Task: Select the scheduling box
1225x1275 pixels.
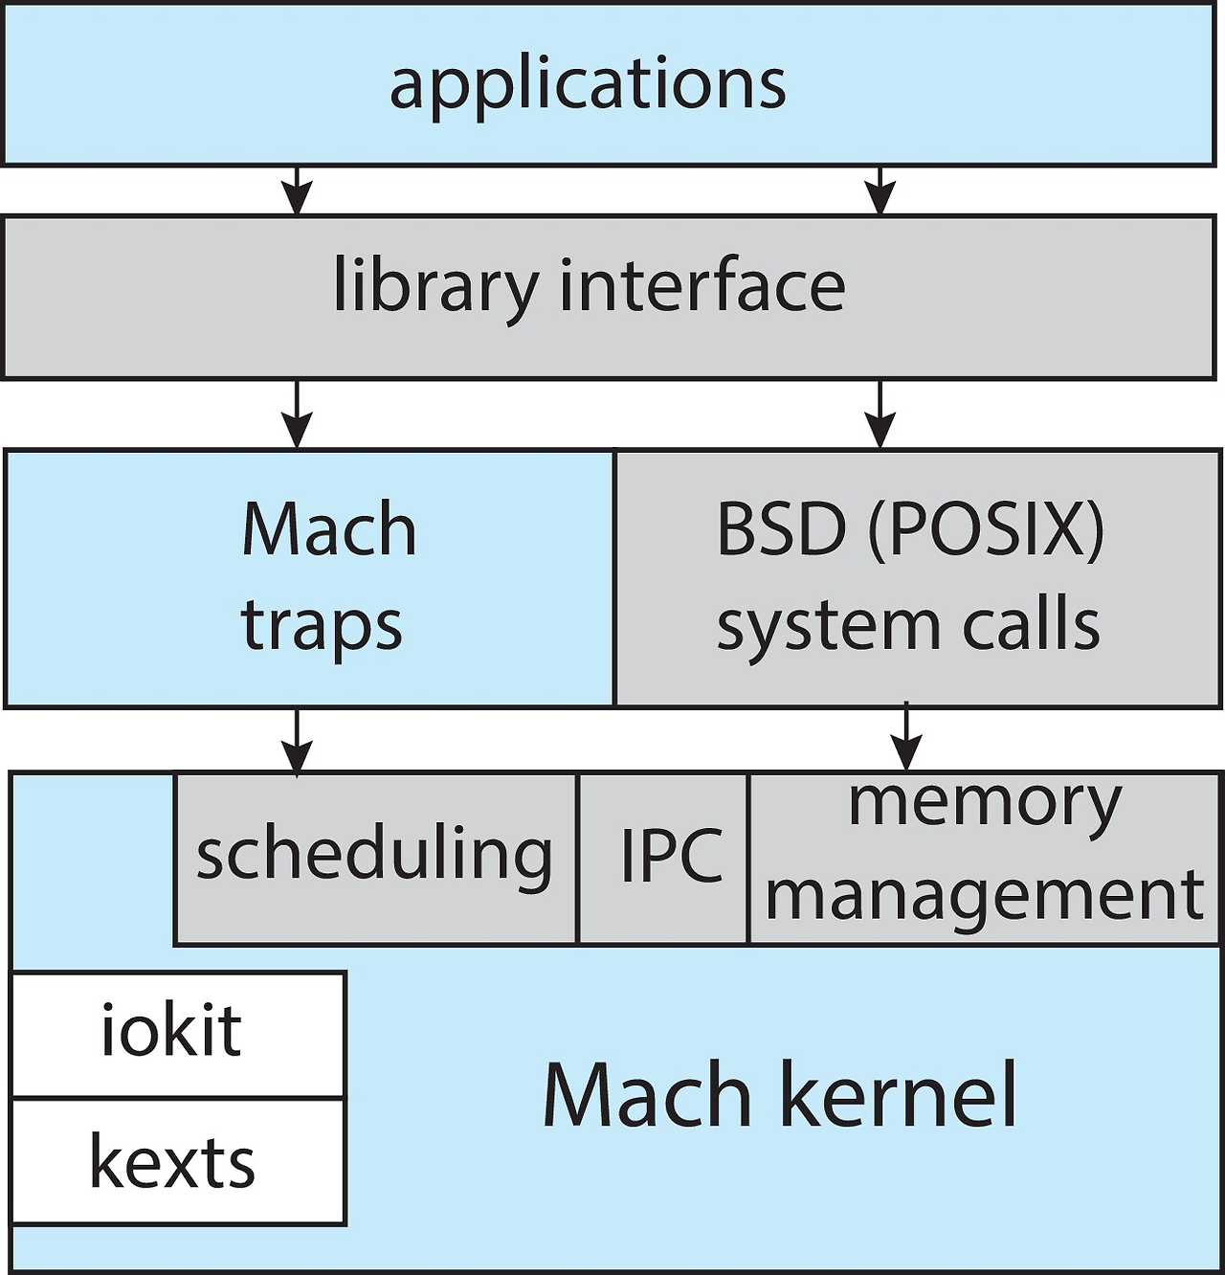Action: pos(375,859)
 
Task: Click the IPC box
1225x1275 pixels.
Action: pos(663,859)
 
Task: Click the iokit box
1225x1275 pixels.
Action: pos(178,1034)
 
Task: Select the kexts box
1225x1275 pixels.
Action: pos(178,1160)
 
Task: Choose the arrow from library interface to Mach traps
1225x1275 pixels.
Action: pos(297,414)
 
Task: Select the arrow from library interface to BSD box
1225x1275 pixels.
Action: pos(880,414)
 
